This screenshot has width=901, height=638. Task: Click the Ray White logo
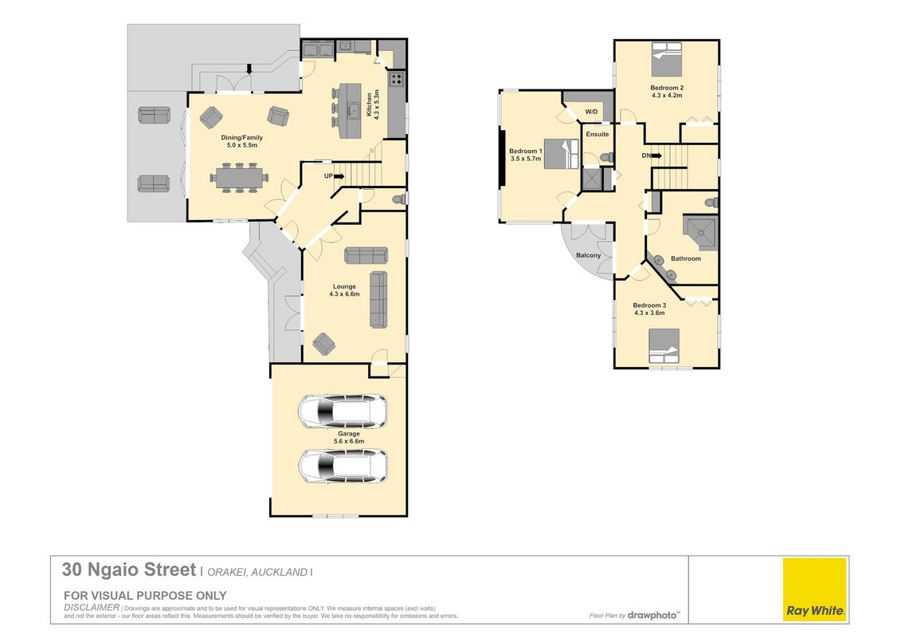[x=815, y=589]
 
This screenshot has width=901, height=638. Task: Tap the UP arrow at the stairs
[x=339, y=176]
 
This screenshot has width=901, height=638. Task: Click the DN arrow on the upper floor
[x=656, y=156]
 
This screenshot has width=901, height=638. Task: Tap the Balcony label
[x=589, y=255]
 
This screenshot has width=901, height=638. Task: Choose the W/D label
[x=591, y=112]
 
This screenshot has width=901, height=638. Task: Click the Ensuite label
[x=597, y=134]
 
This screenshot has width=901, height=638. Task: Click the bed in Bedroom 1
[x=561, y=154]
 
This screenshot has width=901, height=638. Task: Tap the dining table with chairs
[x=239, y=179]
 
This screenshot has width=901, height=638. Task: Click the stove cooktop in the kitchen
[x=397, y=79]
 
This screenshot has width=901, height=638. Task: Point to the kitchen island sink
[x=354, y=111]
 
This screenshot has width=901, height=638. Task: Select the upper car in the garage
[x=343, y=412]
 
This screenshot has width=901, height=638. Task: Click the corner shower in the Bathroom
[x=700, y=232]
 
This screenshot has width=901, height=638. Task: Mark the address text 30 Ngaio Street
[x=129, y=569]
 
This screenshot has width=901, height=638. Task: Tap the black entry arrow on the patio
[x=249, y=69]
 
